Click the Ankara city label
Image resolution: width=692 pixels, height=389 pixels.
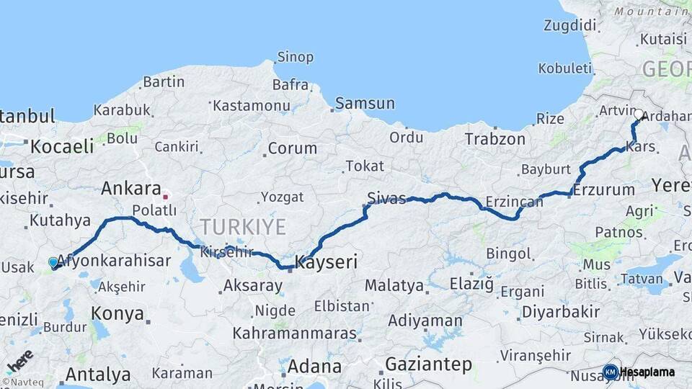coord(130,189)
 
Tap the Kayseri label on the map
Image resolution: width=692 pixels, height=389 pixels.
coord(326,261)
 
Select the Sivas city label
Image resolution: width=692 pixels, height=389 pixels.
coord(386,197)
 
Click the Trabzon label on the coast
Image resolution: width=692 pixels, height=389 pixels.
coord(494,139)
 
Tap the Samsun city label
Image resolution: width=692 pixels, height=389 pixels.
coord(365,103)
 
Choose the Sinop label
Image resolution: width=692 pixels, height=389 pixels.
coord(296,57)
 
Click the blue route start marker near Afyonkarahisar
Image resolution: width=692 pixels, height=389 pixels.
coord(53,262)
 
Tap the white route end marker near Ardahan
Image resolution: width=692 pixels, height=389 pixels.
coord(639,114)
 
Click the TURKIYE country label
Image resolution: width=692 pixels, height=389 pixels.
coord(243,228)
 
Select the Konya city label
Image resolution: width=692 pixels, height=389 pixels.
coord(117,315)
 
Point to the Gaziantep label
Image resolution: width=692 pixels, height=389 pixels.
coord(428,364)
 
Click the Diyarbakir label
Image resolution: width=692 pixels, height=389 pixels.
coord(560,312)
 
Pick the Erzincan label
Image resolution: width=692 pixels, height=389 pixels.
coord(514,202)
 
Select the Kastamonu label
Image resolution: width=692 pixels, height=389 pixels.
coord(251,106)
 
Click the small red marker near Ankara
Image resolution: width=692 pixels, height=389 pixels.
coord(166,195)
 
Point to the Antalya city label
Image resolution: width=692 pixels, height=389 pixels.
coord(98,375)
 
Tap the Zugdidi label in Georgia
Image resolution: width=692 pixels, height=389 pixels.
coord(569,26)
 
